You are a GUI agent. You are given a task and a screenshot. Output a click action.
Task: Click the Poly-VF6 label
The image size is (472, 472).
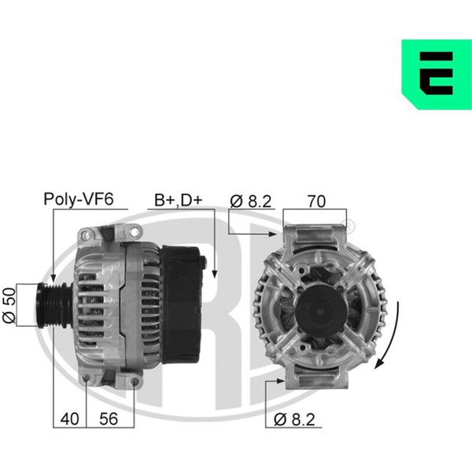(79, 199)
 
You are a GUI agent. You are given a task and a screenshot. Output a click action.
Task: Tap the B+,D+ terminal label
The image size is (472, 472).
(179, 200)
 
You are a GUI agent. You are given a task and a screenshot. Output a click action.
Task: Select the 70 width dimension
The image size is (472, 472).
(316, 201)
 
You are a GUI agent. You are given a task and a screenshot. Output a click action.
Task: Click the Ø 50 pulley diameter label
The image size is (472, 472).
(9, 305)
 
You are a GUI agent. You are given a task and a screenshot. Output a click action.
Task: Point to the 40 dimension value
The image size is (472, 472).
(69, 419)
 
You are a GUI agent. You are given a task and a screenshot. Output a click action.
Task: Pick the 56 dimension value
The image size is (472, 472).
(109, 419)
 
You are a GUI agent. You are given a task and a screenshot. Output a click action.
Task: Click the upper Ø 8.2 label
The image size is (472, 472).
(251, 201)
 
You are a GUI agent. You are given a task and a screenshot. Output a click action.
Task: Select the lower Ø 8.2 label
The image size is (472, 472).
(294, 419)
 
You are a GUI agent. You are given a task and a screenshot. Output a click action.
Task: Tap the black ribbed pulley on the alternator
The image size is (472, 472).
(54, 305)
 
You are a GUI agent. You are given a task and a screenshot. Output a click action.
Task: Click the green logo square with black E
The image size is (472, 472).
(437, 74)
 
